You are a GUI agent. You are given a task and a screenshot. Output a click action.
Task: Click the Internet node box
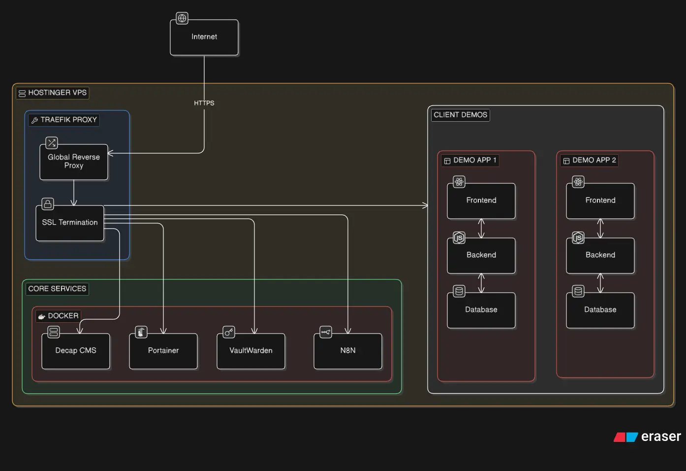pyautogui.click(x=204, y=37)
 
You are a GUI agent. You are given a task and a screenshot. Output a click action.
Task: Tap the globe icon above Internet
pyautogui.click(x=182, y=19)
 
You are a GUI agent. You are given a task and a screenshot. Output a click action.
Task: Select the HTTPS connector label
pyautogui.click(x=204, y=103)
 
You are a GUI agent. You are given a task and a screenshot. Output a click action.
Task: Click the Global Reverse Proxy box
pyautogui.click(x=74, y=162)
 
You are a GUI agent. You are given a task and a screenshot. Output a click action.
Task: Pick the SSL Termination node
pyautogui.click(x=70, y=223)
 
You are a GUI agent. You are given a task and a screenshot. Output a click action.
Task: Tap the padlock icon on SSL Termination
pyautogui.click(x=48, y=204)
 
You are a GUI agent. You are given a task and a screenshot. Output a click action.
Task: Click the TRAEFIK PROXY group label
pyautogui.click(x=64, y=120)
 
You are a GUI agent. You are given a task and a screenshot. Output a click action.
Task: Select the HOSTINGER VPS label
pyautogui.click(x=53, y=93)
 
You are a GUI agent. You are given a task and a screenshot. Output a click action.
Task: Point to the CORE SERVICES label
pyautogui.click(x=57, y=289)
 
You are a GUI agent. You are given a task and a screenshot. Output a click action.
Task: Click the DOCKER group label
pyautogui.click(x=59, y=316)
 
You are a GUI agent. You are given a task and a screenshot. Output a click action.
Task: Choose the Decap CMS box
pyautogui.click(x=76, y=351)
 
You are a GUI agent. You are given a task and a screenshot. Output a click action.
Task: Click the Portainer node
pyautogui.click(x=163, y=351)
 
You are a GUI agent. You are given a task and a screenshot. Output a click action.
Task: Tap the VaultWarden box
pyautogui.click(x=251, y=351)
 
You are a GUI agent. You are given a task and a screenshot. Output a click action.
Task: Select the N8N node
pyautogui.click(x=348, y=351)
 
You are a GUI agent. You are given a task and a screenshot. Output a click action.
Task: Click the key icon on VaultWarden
pyautogui.click(x=229, y=332)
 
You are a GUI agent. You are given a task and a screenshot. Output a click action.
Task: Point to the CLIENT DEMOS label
pyautogui.click(x=460, y=115)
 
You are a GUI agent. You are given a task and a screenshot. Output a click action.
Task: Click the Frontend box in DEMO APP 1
pyautogui.click(x=481, y=201)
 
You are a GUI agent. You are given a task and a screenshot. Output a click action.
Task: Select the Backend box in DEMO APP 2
pyautogui.click(x=600, y=255)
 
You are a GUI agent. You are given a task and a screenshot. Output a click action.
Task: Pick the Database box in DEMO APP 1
pyautogui.click(x=481, y=310)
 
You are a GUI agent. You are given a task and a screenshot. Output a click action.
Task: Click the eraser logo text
pyautogui.click(x=660, y=437)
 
